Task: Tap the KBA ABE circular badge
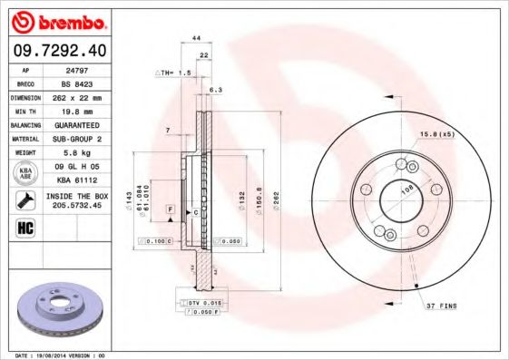[x=26, y=174]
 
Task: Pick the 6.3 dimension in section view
[x=215, y=90]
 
